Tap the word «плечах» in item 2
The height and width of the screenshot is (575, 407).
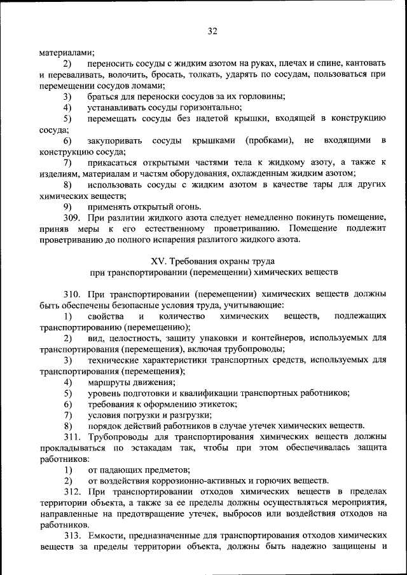(x=291, y=64)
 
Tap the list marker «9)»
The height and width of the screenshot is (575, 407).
(x=67, y=206)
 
